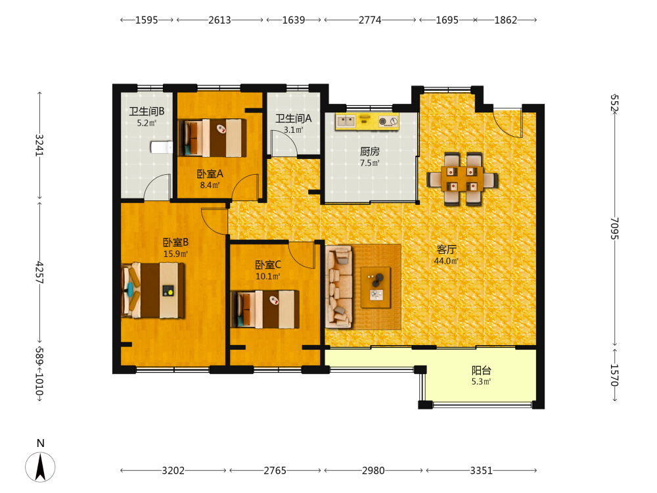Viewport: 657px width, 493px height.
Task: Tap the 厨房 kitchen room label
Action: click(x=369, y=151)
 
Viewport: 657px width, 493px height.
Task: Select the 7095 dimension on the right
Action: click(x=614, y=229)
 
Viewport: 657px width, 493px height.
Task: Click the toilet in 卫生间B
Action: click(x=162, y=147)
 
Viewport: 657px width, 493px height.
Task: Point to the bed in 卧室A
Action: click(x=212, y=138)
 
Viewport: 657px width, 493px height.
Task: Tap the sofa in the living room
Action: click(x=339, y=287)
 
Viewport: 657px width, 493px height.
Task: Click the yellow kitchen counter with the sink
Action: click(x=367, y=121)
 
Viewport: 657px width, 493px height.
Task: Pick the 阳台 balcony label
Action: click(x=481, y=371)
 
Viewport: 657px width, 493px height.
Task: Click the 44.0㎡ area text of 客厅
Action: click(x=446, y=261)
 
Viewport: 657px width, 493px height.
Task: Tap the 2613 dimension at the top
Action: click(x=219, y=20)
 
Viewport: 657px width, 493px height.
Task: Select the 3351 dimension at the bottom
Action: click(x=481, y=471)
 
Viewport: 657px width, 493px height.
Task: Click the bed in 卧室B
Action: click(x=153, y=290)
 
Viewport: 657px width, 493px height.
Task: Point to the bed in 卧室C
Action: click(x=265, y=309)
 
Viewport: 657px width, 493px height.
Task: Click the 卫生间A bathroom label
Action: click(x=293, y=118)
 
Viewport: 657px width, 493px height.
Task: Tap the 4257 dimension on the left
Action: click(x=40, y=273)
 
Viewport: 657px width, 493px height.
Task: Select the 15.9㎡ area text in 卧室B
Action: click(x=175, y=254)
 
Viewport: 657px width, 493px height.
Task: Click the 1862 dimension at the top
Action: click(x=506, y=20)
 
